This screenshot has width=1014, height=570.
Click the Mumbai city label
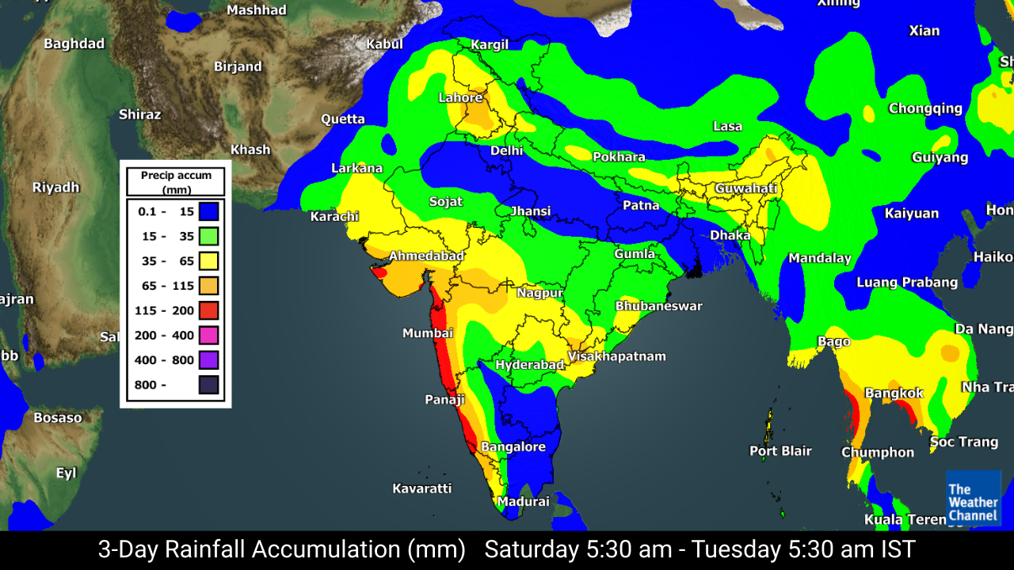[427, 333]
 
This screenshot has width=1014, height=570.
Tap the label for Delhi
[506, 150]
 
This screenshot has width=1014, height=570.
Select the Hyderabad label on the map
[529, 365]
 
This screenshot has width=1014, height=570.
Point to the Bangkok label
[894, 393]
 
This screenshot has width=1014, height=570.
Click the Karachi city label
[334, 217]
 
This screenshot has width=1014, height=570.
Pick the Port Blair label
[780, 451]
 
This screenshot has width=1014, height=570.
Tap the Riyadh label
[55, 188]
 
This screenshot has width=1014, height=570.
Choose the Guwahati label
[745, 189]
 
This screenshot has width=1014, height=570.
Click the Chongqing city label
[925, 108]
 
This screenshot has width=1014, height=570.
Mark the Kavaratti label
[421, 488]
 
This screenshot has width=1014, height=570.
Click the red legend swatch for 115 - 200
[209, 310]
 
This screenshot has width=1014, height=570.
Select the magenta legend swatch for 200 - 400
[209, 336]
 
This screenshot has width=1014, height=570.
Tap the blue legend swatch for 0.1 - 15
[209, 211]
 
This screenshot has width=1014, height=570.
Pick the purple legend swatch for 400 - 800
[209, 360]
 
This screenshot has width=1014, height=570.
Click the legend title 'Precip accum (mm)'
[176, 182]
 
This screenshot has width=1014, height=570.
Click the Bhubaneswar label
[658, 306]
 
